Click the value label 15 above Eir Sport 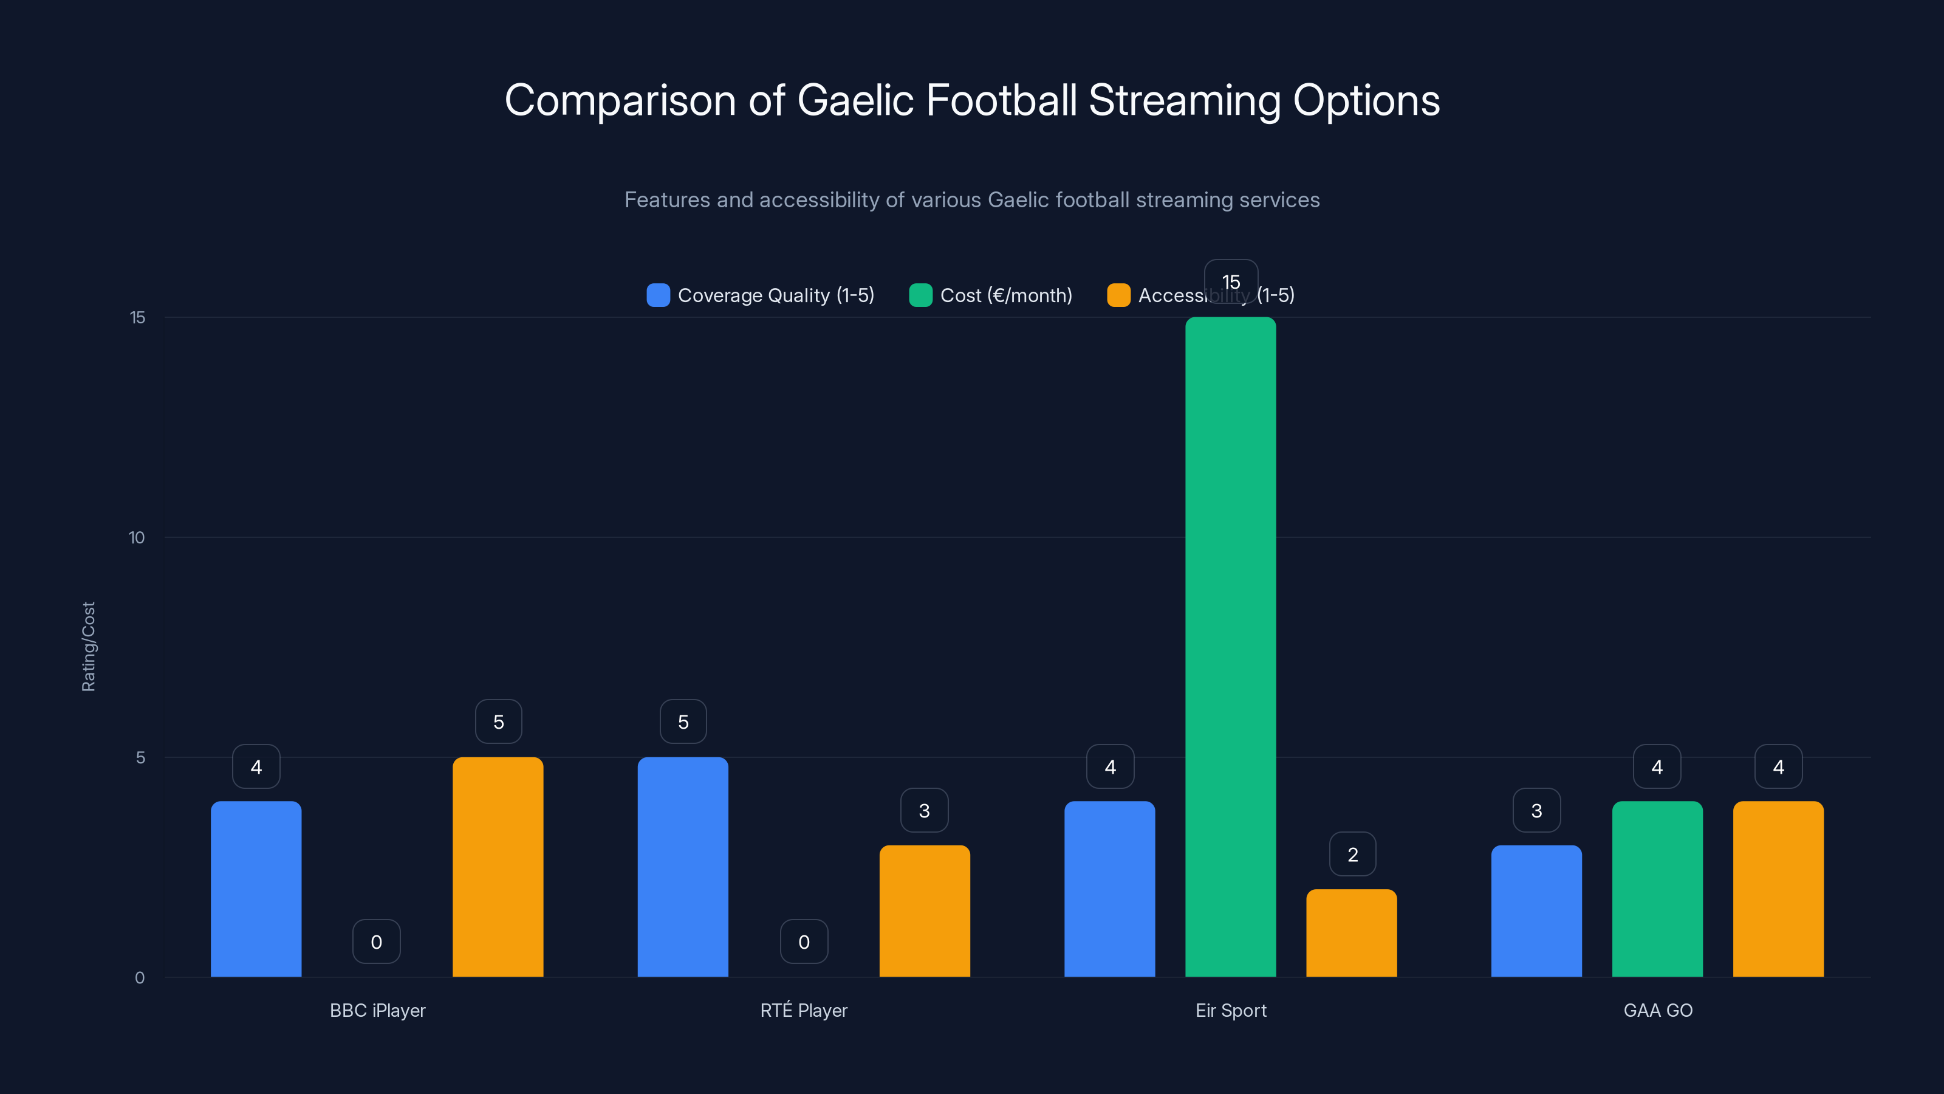coord(1230,281)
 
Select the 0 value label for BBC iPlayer coord(376,941)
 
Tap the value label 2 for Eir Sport coord(1352,854)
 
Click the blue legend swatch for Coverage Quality coord(658,295)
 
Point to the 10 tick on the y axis coord(137,537)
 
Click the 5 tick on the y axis coord(140,757)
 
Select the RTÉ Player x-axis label coord(803,1010)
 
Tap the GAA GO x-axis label coord(1657,1010)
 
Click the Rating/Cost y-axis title coord(88,646)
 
